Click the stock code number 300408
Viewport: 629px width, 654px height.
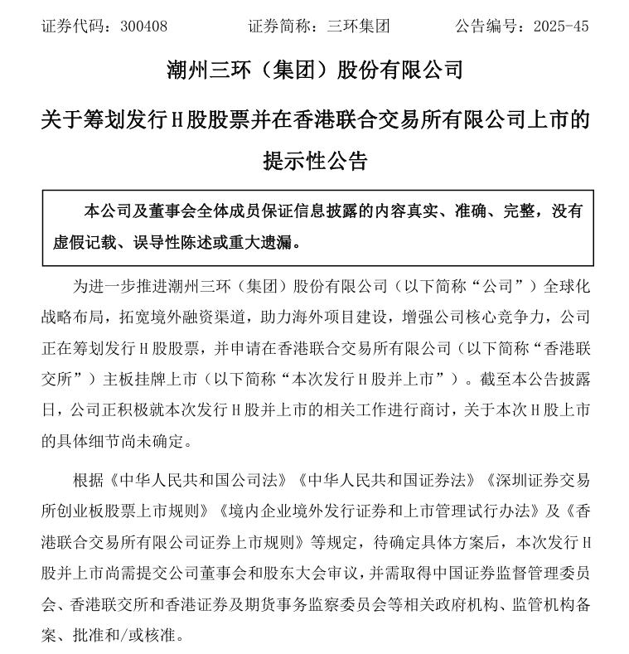click(x=143, y=26)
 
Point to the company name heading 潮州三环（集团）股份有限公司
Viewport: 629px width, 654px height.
click(x=315, y=69)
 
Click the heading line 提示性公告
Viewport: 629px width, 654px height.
click(x=315, y=160)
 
